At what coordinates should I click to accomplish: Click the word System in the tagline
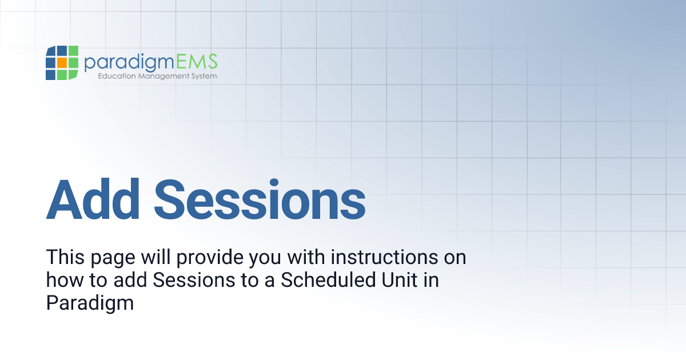tap(204, 76)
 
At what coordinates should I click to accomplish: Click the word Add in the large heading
tap(93, 199)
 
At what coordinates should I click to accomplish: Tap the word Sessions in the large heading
tap(260, 199)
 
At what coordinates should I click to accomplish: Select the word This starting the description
tap(64, 257)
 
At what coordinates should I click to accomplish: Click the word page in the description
tap(109, 258)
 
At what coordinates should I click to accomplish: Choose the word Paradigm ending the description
tap(90, 303)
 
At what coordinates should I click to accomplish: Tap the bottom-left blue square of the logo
tap(50, 74)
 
